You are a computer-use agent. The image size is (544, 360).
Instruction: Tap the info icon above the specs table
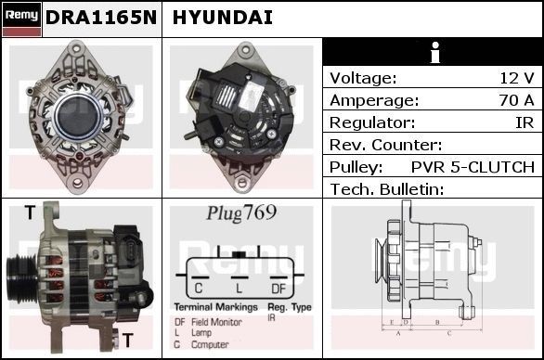pos(432,52)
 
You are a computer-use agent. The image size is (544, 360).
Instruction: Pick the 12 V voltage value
pos(517,78)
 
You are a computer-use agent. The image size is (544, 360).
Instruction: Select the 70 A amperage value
pos(516,100)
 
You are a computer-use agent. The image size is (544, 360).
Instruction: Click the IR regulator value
pos(525,122)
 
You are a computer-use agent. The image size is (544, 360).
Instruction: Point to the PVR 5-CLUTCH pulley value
pos(473,167)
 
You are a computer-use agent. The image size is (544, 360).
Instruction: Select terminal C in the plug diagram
pos(199,288)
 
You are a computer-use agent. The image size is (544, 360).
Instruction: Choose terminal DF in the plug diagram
pos(278,288)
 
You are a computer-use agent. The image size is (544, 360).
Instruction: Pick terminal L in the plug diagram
pos(239,288)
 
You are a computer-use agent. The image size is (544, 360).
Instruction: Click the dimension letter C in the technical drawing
pos(450,331)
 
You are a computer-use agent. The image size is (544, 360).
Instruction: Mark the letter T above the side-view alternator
pos(30,212)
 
